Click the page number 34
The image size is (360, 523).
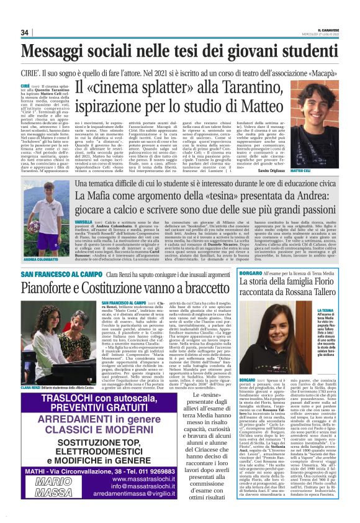(25, 33)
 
